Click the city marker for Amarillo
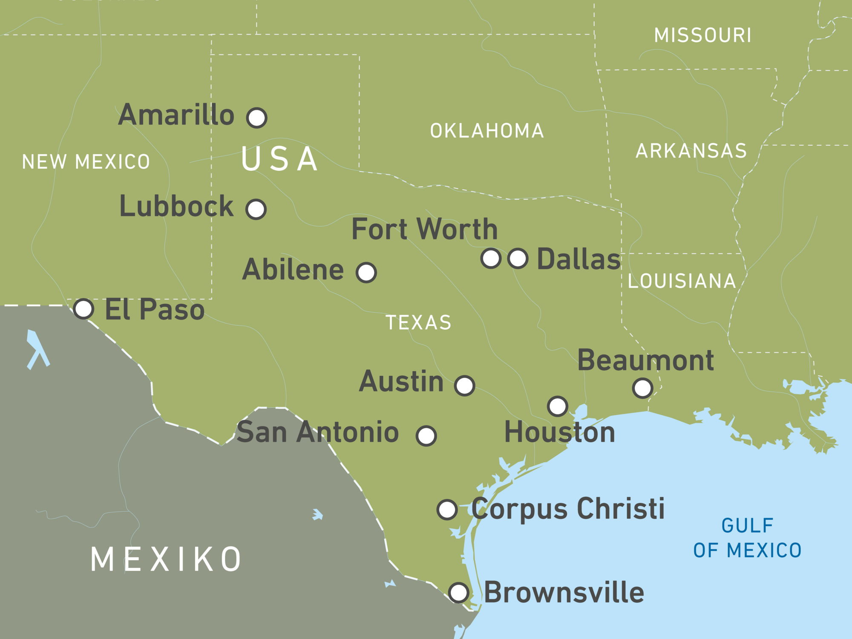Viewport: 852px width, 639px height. point(256,118)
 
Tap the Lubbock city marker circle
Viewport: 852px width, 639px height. point(256,209)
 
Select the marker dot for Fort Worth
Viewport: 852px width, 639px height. point(491,258)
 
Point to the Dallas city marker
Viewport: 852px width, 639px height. point(518,258)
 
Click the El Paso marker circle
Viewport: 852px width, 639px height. point(83,308)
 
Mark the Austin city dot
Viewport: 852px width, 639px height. point(464,386)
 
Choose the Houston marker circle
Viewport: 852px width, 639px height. point(558,406)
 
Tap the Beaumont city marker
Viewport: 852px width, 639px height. point(643,388)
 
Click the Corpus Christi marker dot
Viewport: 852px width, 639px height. point(447,509)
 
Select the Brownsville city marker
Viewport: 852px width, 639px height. point(459,592)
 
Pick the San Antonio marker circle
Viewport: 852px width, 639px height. point(426,436)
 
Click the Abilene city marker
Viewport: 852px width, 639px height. point(366,272)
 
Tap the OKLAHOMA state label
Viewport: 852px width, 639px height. point(487,131)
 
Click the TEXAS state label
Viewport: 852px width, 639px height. point(418,322)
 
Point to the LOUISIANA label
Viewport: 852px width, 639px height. point(682,281)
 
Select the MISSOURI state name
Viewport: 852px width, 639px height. point(703,35)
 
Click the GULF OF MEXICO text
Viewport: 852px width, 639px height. point(747,538)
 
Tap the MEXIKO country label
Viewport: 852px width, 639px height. point(166,559)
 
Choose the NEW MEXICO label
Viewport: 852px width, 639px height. point(86,162)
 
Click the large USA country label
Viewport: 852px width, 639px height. point(279,159)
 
